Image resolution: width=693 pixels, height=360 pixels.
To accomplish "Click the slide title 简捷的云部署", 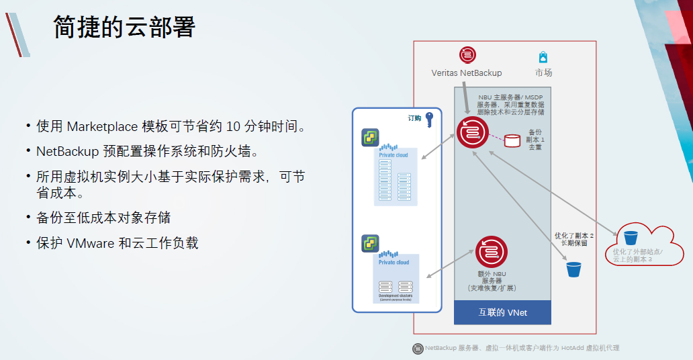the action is click(x=124, y=28).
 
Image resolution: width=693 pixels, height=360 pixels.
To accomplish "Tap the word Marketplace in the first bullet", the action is click(x=102, y=126).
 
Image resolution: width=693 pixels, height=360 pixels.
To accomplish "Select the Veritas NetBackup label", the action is click(x=467, y=73).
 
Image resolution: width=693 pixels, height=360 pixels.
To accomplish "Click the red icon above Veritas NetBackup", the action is click(x=467, y=55).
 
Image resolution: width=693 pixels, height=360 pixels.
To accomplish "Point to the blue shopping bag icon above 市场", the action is click(x=543, y=57).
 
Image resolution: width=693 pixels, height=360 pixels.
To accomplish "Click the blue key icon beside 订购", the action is click(x=429, y=119).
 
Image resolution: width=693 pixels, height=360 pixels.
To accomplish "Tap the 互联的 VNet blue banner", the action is click(x=502, y=312).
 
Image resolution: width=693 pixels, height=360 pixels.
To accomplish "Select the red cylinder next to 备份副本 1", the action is click(x=512, y=141).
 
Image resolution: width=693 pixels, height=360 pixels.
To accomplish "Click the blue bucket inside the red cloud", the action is click(x=631, y=238).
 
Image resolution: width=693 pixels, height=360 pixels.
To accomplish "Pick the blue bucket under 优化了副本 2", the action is click(x=573, y=269).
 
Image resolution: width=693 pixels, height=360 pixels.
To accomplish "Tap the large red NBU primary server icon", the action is click(x=473, y=132).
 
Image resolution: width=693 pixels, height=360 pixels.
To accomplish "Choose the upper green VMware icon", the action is click(x=371, y=138).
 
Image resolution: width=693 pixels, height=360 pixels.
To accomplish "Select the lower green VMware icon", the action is click(x=370, y=244).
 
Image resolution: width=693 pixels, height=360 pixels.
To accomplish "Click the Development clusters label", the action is click(x=396, y=295).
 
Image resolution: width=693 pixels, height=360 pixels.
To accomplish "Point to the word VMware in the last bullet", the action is click(x=91, y=243).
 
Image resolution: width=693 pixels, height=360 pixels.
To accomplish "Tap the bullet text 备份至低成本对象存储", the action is click(x=103, y=218).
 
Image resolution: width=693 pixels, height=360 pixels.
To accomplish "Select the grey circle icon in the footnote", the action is click(x=418, y=348).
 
